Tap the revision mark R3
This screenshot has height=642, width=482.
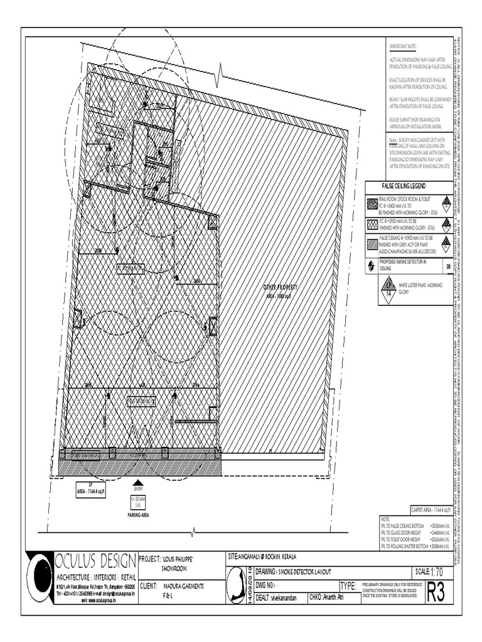pyautogui.click(x=439, y=594)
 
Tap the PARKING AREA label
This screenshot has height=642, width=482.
pyautogui.click(x=138, y=515)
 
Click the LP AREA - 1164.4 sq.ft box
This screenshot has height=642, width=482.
pyautogui.click(x=88, y=492)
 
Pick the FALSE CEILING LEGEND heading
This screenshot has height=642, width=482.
pyautogui.click(x=404, y=187)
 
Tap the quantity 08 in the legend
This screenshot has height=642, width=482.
pyautogui.click(x=448, y=266)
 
